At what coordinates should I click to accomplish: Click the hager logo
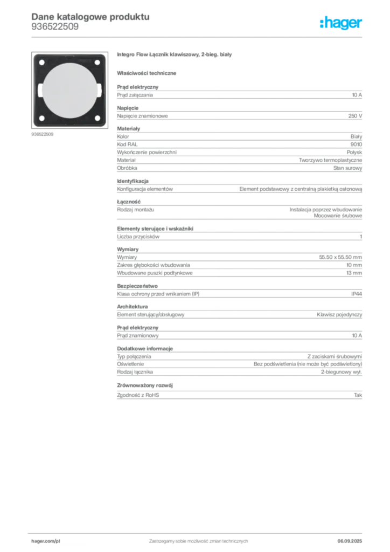coord(341,23)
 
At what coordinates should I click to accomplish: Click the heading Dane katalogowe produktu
coord(90,17)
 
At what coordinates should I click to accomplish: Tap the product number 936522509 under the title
coord(55,27)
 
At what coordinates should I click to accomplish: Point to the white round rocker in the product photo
coord(69,91)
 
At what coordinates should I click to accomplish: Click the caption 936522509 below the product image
coord(42,134)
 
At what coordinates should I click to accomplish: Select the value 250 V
coord(355,116)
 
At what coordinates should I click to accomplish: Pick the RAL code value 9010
coord(356,144)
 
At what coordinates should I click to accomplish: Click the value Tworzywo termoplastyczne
coord(330,160)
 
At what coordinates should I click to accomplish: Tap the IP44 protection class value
coord(356,294)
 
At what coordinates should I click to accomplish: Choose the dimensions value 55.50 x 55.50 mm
coord(340,257)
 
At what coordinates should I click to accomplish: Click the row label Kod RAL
coord(127,144)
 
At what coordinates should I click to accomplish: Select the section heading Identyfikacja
coord(133,181)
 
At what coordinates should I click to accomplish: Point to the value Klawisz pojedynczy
coord(339,315)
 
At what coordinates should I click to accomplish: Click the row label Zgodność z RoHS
coord(138,395)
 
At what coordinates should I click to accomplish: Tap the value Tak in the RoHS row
coord(358,395)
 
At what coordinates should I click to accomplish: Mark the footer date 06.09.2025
coord(350,541)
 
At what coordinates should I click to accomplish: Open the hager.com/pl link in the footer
coord(46,541)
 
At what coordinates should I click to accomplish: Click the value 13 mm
coord(354,273)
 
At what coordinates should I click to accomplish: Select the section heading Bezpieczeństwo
coord(137,286)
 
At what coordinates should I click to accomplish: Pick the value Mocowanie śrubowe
coord(338,216)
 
